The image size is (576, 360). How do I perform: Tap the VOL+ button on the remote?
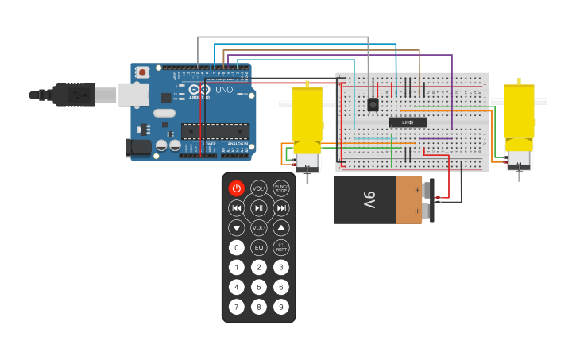pos(259,188)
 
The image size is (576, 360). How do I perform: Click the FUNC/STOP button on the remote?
pos(281,188)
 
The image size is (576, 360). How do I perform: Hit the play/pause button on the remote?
pos(259,208)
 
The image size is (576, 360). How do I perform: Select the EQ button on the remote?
pos(259,247)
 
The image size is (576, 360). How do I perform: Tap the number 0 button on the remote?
pos(237,247)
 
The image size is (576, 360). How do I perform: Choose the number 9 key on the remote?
pos(281,306)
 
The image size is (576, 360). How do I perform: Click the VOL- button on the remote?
pos(259,227)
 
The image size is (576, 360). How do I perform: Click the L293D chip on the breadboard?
pos(408,122)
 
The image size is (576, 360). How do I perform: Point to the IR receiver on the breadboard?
pos(373,104)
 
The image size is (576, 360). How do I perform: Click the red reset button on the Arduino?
pos(142,72)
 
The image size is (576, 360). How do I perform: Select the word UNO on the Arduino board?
pos(224,90)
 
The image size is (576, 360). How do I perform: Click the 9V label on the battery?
pos(369,199)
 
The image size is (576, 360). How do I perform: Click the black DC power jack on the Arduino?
pos(138,147)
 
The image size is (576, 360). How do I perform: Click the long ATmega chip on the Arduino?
pos(215,131)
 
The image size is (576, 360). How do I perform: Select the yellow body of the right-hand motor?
pos(519,111)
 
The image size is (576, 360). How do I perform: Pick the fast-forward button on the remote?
pos(281,208)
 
